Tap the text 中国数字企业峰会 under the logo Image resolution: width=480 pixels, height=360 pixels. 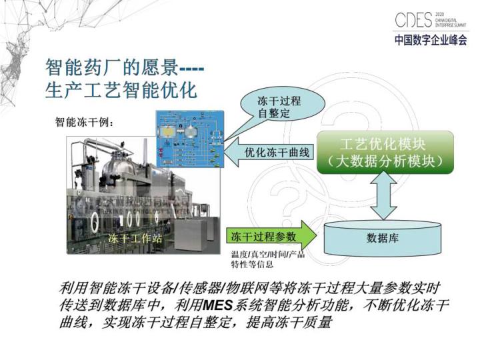pyautogui.click(x=431, y=39)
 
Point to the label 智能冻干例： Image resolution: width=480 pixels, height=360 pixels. pyautogui.click(x=84, y=123)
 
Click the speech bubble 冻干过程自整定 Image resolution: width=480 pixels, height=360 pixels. pyautogui.click(x=283, y=107)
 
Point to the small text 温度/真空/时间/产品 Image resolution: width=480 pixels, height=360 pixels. pyautogui.click(x=267, y=255)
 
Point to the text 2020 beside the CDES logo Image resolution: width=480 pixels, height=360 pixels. pyautogui.click(x=439, y=13)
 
